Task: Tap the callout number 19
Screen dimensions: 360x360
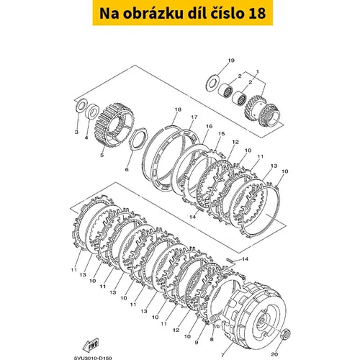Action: point(231,60)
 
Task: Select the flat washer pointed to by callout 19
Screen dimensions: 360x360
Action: point(212,82)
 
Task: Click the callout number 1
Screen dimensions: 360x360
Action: point(258,72)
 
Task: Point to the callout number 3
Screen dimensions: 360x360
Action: point(76,132)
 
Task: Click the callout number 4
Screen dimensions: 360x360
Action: point(86,138)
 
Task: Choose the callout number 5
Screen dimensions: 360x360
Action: point(102,155)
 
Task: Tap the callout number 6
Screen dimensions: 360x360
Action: point(127,169)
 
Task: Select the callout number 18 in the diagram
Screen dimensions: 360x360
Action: point(178,109)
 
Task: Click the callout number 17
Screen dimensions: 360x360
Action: point(194,117)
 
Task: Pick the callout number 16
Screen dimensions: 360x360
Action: point(209,126)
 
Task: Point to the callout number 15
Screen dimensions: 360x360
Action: point(221,133)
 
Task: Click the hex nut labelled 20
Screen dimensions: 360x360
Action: point(286,333)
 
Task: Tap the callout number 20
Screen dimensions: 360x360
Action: point(274,354)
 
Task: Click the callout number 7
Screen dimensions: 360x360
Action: point(222,355)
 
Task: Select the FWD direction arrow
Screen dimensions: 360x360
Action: point(91,345)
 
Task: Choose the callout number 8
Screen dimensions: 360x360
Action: point(212,339)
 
